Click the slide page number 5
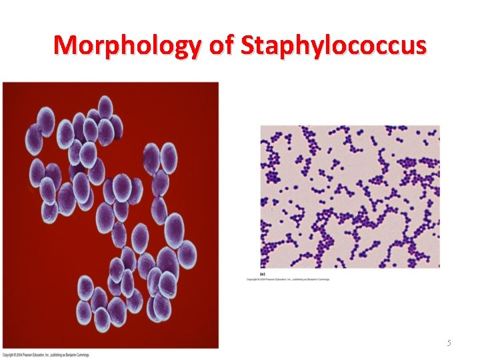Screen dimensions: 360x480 click(449, 343)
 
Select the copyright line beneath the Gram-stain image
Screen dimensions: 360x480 click(289, 279)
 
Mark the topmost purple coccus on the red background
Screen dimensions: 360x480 click(105, 106)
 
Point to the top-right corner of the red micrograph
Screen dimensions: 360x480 click(218, 83)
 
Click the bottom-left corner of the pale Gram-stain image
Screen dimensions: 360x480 click(261, 267)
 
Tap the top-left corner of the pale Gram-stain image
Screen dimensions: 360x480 click(261, 126)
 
